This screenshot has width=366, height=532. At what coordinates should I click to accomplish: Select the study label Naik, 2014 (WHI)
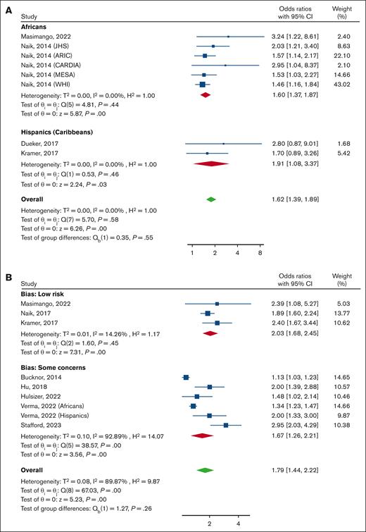[x=44, y=84]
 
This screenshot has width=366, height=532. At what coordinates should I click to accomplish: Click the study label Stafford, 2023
[x=40, y=425]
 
